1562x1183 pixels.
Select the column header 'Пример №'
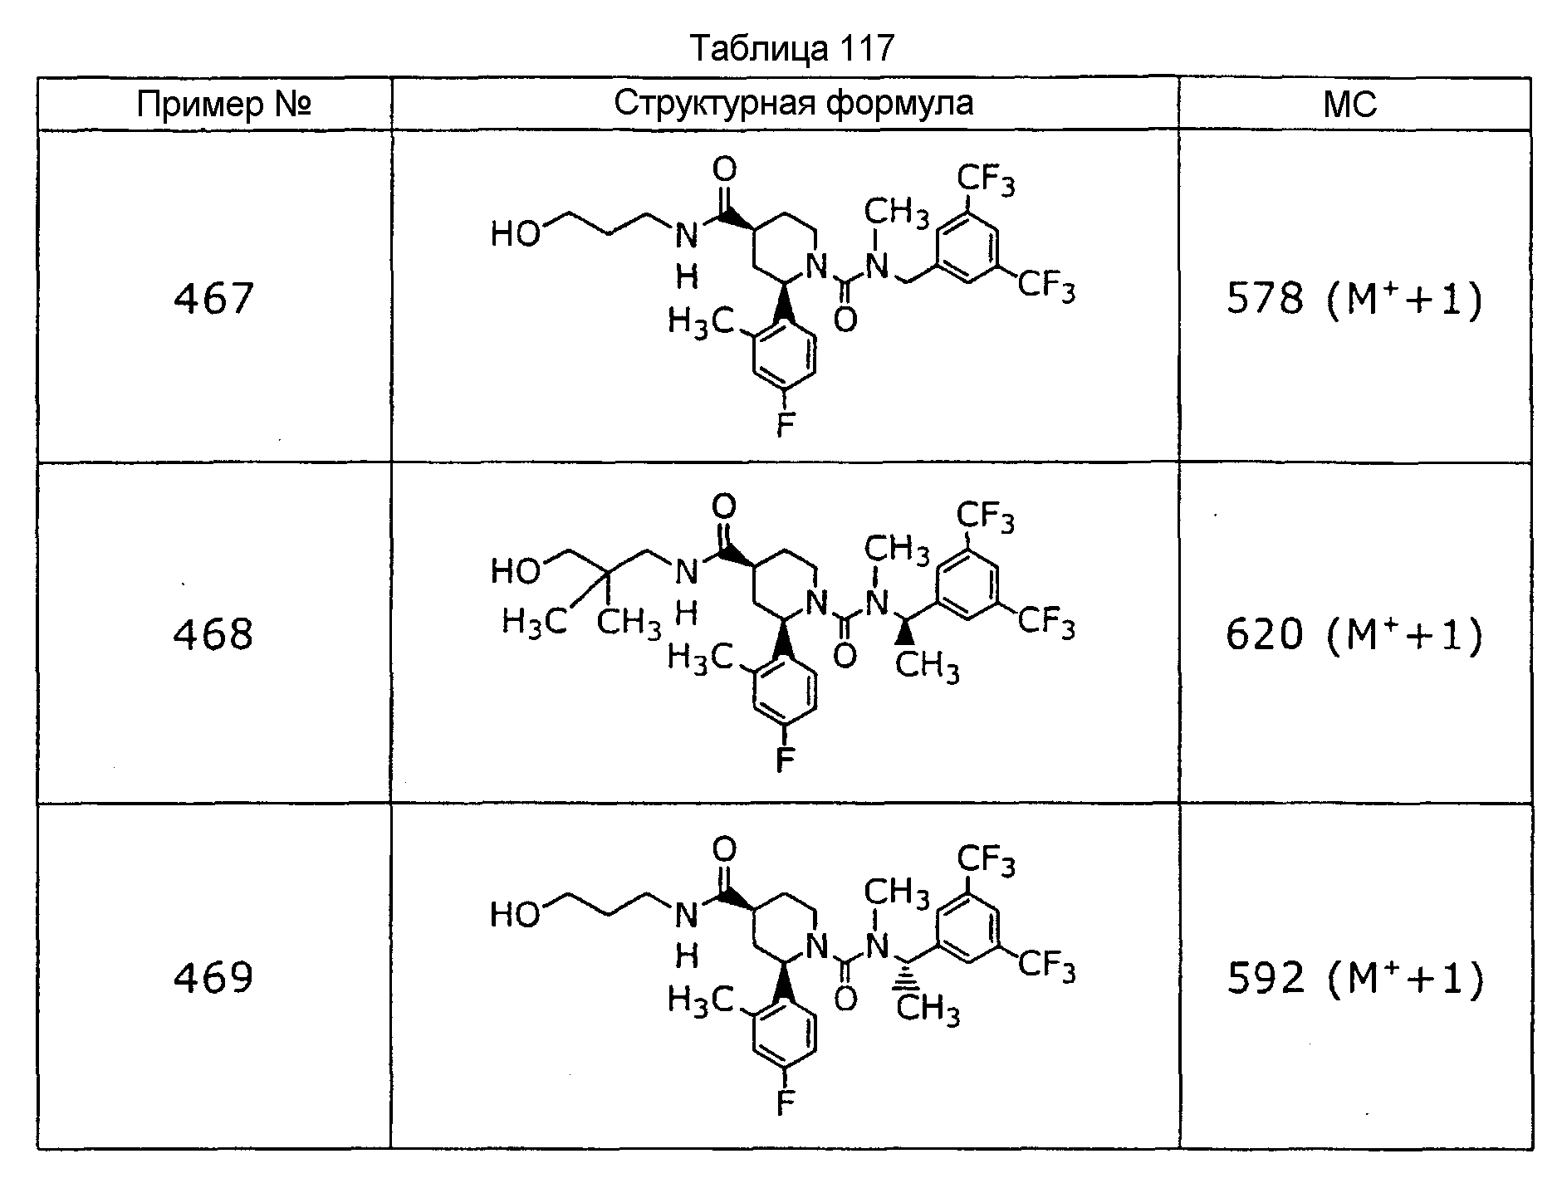tap(224, 105)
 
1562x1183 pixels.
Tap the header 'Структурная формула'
tap(793, 105)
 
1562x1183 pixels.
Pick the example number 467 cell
tap(213, 299)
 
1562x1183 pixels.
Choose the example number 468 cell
tap(213, 634)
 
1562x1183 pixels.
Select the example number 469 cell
tap(213, 977)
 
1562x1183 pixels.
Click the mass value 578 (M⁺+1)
tap(1354, 299)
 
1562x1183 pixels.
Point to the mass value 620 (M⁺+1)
tap(1354, 636)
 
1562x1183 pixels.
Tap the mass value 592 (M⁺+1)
tap(1354, 978)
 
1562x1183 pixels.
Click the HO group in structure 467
tap(516, 235)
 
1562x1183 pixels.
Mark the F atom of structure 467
tap(785, 424)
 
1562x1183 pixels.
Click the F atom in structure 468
tap(785, 760)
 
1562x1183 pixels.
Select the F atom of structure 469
tap(785, 1102)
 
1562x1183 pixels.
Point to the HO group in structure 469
tap(516, 914)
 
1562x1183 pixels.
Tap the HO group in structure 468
tap(516, 571)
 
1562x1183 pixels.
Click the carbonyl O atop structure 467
tap(725, 170)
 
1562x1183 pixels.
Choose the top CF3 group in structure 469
tap(986, 859)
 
